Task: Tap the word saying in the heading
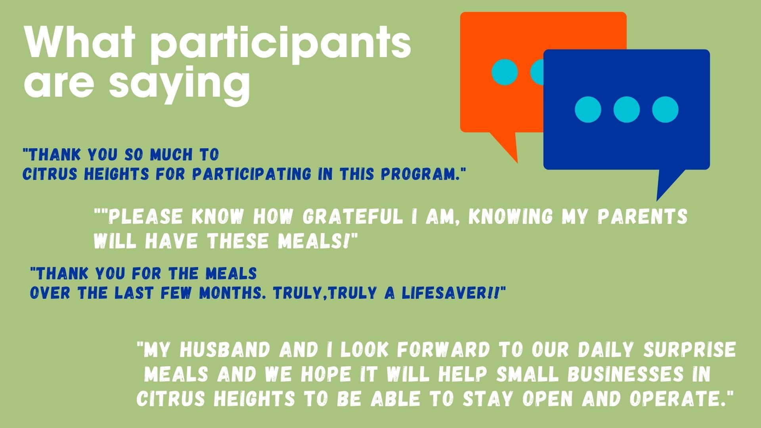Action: (x=180, y=84)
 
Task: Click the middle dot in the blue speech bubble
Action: (x=626, y=109)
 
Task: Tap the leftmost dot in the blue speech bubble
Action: (x=588, y=109)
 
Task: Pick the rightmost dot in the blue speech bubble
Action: (x=665, y=109)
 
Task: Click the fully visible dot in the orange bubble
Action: (x=505, y=72)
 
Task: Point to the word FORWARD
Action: (x=443, y=350)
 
